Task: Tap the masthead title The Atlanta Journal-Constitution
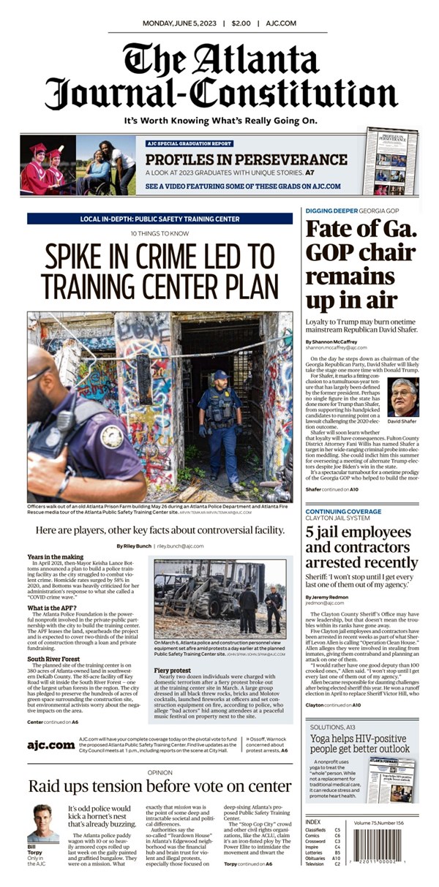tap(219, 76)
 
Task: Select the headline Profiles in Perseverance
tap(245, 157)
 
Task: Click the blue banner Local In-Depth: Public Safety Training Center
tap(160, 219)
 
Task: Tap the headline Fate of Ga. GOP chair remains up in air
tap(361, 265)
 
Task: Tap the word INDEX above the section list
tap(312, 822)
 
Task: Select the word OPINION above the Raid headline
tap(160, 771)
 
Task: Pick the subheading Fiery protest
tap(173, 649)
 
